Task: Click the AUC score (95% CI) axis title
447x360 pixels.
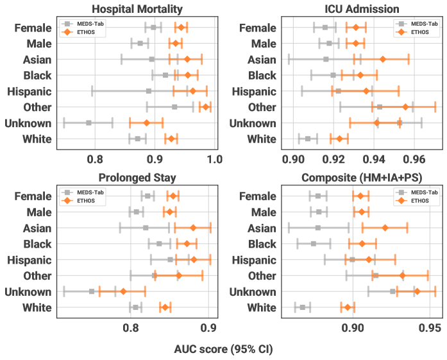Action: tap(223, 350)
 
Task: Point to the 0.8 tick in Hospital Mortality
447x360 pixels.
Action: tap(96, 157)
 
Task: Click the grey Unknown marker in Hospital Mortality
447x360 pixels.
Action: tap(89, 122)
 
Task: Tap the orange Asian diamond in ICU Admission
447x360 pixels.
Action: tap(383, 58)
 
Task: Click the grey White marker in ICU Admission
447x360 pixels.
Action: tap(308, 138)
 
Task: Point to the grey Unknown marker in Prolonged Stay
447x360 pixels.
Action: tap(92, 291)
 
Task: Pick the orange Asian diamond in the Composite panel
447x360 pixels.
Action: tap(385, 227)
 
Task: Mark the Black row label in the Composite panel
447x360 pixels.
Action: tap(262, 243)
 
